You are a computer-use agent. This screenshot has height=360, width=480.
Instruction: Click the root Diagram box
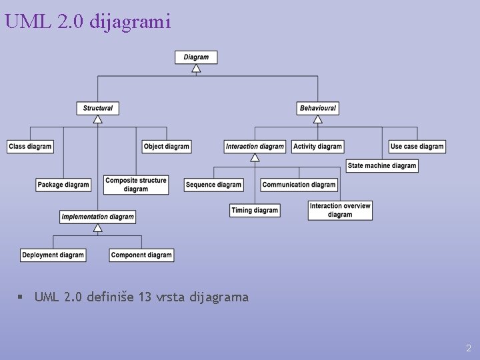point(196,57)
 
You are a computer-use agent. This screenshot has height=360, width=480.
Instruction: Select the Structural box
point(98,108)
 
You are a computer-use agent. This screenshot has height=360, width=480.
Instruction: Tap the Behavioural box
point(318,108)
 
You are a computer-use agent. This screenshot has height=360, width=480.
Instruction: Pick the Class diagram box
point(30,147)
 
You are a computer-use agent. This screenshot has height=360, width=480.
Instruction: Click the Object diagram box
point(167,147)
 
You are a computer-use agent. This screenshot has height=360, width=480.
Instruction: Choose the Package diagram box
point(63,185)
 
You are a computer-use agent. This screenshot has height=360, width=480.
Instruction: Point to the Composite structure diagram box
point(136,185)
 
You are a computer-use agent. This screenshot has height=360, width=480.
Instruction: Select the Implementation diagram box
point(98,217)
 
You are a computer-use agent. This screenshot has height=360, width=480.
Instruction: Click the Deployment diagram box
point(53,255)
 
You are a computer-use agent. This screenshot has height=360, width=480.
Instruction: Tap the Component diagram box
point(141,255)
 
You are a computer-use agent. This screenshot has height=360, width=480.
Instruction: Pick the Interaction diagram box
point(255,147)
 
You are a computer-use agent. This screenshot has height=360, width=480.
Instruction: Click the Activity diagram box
point(317,147)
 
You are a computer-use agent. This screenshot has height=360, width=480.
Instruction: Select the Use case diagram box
point(417,147)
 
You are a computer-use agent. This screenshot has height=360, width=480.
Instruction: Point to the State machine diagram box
point(382,165)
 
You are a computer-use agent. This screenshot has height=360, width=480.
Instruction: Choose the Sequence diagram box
point(213,185)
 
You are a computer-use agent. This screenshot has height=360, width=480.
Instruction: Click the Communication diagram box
point(299,185)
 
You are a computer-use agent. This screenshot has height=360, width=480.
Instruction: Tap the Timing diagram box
point(255,211)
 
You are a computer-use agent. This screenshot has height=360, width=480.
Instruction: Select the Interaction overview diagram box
point(340,211)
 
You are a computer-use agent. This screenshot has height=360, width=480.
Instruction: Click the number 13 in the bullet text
point(145,297)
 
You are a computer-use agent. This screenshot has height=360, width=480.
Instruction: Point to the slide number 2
point(469,348)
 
